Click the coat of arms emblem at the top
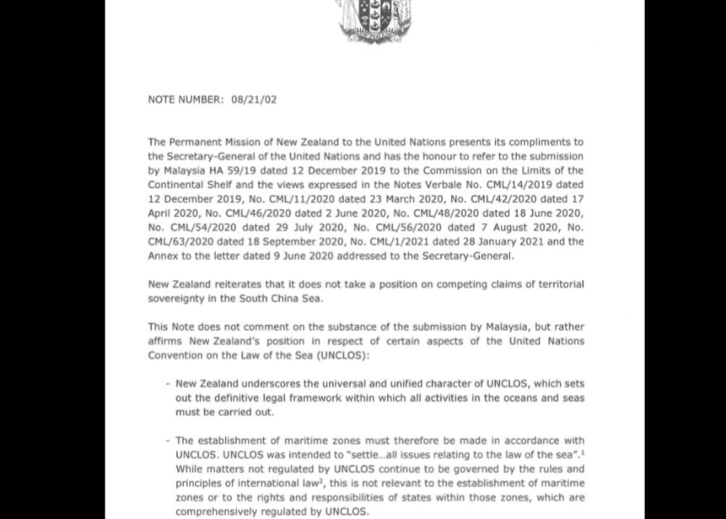[375, 21]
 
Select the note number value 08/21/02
[254, 100]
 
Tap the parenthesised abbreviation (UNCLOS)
[341, 355]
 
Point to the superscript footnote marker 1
[582, 453]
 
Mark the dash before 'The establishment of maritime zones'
[168, 441]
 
